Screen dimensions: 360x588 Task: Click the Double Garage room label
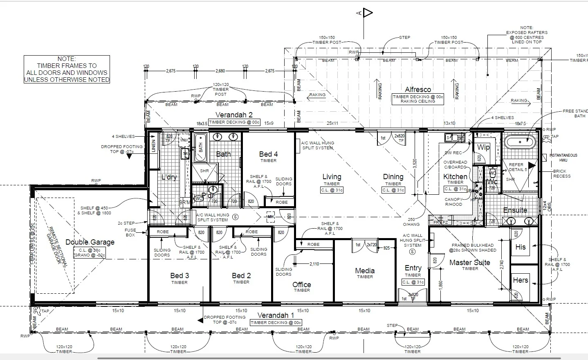coord(90,242)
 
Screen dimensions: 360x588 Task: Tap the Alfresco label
coord(417,90)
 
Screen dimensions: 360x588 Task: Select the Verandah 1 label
coord(276,315)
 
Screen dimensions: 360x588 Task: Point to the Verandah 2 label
coord(234,115)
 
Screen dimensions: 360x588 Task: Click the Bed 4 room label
coord(268,154)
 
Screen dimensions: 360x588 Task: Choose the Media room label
coord(365,271)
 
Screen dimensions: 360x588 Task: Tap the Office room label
coord(302,285)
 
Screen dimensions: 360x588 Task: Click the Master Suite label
coord(469,263)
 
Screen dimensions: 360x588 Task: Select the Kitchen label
coord(455,177)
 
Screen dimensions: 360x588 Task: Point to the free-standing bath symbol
coord(519,142)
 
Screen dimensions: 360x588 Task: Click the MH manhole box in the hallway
coord(270,217)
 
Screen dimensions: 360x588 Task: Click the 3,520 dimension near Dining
coord(415,164)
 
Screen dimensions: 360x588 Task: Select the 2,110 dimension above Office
coord(314,264)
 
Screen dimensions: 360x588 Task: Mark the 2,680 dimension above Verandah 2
coord(220,71)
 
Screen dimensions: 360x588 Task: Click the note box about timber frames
coord(67,70)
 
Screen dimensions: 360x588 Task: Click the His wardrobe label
coord(520,247)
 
